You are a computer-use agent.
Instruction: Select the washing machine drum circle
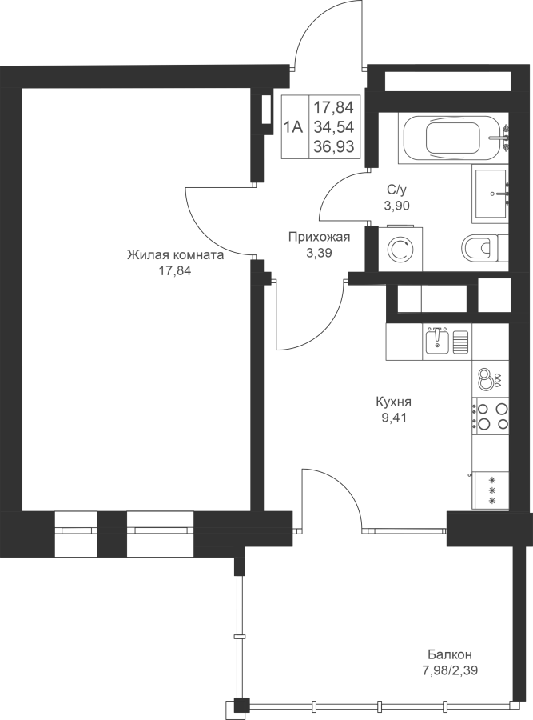click(400, 250)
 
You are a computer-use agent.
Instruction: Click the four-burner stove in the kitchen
click(491, 416)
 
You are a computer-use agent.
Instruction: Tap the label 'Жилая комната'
click(175, 255)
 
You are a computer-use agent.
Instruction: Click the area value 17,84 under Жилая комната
click(175, 270)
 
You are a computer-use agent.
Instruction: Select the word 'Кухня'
click(394, 402)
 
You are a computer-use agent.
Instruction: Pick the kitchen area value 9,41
click(393, 418)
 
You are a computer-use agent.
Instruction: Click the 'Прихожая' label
click(320, 237)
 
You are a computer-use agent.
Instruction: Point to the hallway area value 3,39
click(319, 252)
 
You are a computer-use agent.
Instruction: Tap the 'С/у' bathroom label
click(397, 189)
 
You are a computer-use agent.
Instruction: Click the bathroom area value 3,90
click(397, 206)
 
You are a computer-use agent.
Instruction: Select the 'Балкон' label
click(450, 654)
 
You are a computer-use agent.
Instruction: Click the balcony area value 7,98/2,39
click(450, 670)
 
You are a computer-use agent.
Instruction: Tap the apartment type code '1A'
click(293, 126)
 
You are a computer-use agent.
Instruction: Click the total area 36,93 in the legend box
click(333, 146)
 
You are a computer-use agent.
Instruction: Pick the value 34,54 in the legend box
click(333, 126)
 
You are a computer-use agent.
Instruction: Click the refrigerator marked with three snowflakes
click(491, 490)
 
